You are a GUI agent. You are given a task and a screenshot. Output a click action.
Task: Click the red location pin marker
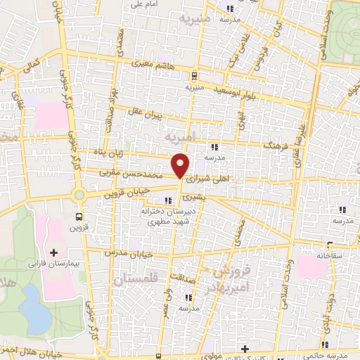coord(181,165)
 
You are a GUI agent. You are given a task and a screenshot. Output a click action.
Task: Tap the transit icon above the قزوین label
coord(78,217)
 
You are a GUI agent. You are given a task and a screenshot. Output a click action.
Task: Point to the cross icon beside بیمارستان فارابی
coord(53,251)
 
